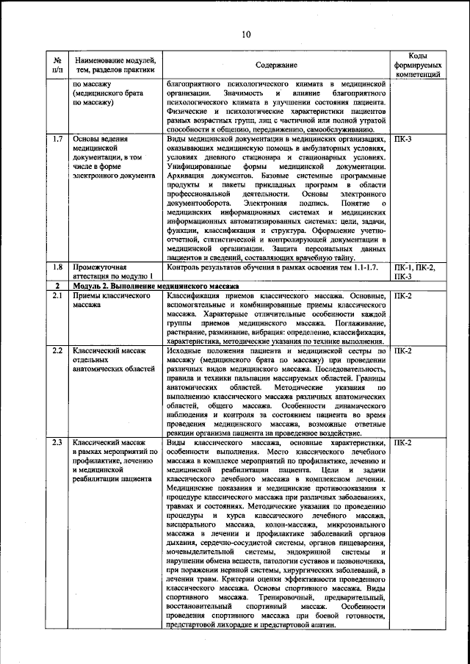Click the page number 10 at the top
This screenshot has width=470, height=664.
246,34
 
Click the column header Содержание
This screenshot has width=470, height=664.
277,65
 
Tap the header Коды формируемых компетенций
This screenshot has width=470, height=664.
417,65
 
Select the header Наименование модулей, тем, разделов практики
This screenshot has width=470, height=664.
114,65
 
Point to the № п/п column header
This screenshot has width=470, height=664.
58,65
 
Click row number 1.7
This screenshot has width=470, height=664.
58,138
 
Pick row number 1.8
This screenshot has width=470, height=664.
58,267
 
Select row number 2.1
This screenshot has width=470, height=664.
58,295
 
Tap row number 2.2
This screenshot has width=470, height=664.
58,352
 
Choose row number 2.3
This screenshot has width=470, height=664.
58,444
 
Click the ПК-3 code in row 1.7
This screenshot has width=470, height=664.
403,138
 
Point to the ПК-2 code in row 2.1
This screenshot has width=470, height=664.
403,295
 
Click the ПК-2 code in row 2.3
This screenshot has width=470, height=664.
403,444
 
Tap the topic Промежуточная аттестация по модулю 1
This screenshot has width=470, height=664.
110,272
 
